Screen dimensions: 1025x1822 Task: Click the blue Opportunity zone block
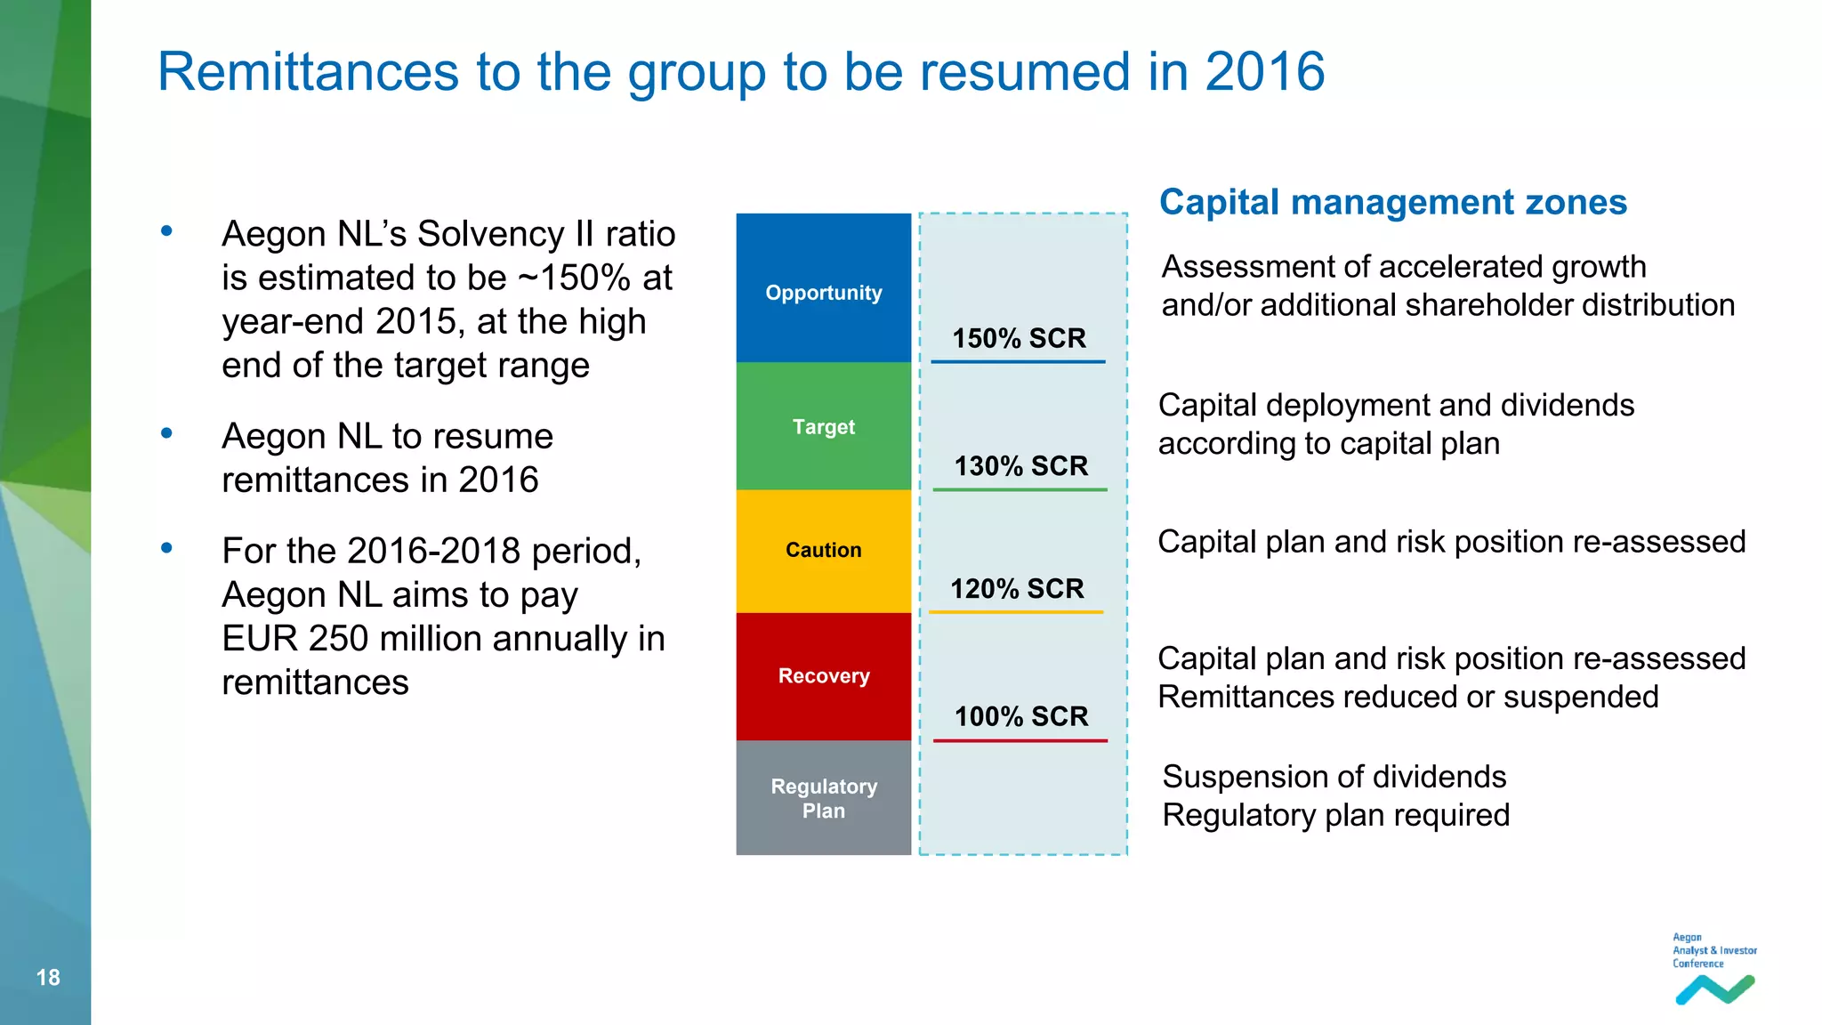click(823, 287)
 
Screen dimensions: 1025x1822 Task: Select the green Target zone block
click(823, 426)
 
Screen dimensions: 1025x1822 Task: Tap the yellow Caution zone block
click(823, 550)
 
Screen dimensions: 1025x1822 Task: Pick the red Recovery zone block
click(823, 676)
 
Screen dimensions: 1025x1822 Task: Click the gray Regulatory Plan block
click(823, 798)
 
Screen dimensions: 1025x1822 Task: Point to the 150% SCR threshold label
click(1019, 339)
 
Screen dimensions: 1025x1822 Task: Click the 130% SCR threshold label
click(1020, 466)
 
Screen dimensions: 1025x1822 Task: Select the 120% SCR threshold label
click(1017, 589)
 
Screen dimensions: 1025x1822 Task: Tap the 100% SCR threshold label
click(1020, 716)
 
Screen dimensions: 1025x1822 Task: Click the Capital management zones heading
click(1392, 203)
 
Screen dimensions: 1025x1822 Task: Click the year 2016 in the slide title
click(1264, 72)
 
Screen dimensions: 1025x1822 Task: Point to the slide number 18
click(48, 978)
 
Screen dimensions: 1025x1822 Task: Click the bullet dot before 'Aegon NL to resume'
click(166, 434)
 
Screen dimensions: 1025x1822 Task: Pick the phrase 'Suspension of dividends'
click(1334, 777)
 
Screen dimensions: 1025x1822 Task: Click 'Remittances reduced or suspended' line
click(1407, 697)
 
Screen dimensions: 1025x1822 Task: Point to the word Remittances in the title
click(309, 72)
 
